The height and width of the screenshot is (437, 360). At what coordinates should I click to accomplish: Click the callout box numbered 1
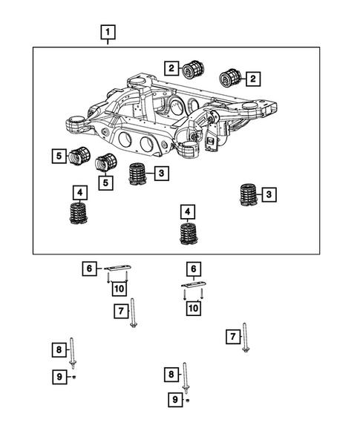pos(108,33)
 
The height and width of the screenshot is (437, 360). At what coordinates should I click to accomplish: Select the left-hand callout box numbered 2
pos(171,69)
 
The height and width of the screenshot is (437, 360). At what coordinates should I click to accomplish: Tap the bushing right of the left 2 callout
pos(195,69)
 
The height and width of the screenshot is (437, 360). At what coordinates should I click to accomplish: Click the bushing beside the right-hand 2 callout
pos(231,77)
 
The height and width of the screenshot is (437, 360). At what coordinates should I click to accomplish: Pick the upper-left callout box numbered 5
pos(58,156)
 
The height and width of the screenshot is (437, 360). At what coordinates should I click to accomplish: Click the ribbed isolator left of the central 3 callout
pos(137,174)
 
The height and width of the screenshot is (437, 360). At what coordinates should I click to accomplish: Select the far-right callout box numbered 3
pos(269,194)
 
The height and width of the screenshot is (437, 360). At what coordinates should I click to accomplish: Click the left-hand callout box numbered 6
pos(89,269)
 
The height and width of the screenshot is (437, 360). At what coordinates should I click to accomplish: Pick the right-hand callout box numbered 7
pos(232,338)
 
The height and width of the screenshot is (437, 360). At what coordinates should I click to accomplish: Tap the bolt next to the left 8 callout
pos(73,351)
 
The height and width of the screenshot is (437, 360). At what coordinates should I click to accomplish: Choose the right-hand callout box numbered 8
pos(171,375)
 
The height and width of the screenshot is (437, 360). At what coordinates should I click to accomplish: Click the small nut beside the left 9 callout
pos(75,377)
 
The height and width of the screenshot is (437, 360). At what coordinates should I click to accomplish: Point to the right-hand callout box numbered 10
pos(193,306)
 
